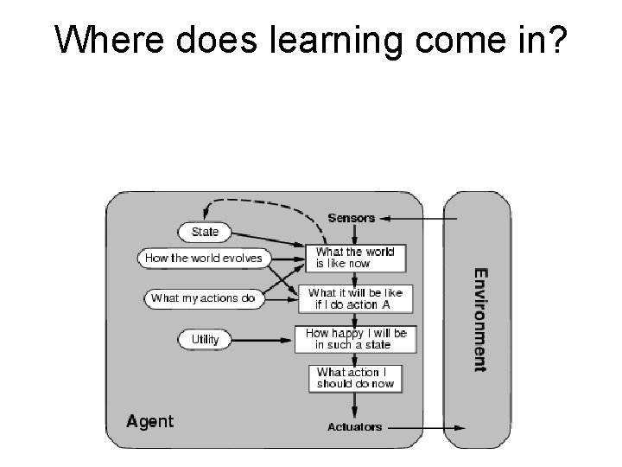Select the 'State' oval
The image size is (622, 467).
point(205,232)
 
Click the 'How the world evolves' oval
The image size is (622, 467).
point(204,258)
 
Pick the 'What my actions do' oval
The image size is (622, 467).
point(203,298)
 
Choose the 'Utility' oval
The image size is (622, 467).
point(205,339)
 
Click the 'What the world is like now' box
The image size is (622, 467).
point(354,258)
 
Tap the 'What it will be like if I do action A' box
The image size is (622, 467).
point(355,298)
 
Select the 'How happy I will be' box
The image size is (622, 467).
point(355,338)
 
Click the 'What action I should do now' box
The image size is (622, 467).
point(355,378)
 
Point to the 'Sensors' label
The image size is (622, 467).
point(352,217)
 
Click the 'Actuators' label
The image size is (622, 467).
point(355,427)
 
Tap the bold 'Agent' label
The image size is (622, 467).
point(149,422)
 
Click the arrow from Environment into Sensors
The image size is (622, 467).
point(415,217)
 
